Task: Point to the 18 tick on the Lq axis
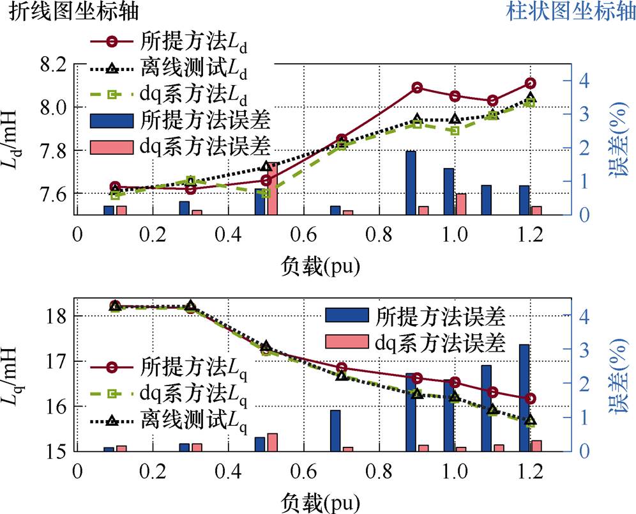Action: point(57,316)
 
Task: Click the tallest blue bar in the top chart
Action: point(411,183)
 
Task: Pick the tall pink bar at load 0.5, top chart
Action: point(272,189)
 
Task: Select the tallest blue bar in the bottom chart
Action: point(524,398)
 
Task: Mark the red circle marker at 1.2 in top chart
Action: point(530,83)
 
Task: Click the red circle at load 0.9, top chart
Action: point(417,88)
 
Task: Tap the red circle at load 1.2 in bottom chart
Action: point(530,398)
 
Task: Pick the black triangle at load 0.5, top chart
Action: point(266,167)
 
